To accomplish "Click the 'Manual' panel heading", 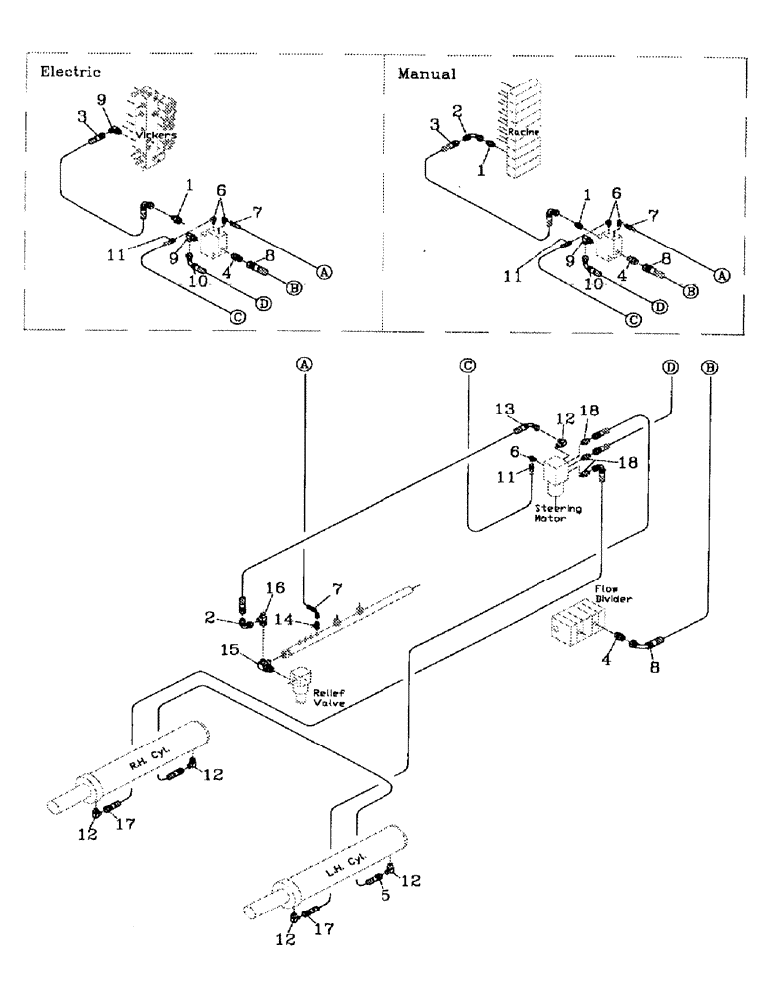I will click(426, 73).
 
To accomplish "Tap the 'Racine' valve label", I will click(522, 130).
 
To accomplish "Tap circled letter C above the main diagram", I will click(468, 366).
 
